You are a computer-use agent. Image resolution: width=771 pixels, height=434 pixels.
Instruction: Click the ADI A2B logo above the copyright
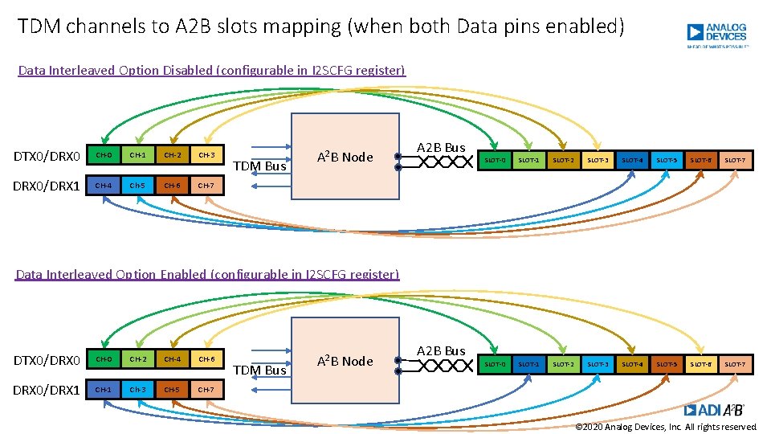coord(715,410)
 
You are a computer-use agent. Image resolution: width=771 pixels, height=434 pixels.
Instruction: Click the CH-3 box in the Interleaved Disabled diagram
coord(206,154)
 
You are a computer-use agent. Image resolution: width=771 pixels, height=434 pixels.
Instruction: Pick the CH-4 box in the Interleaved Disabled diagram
coord(104,186)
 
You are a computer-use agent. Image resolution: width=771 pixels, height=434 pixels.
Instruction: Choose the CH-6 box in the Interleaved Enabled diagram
coord(206,359)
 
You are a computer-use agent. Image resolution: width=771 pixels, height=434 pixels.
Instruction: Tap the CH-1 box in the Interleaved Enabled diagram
coord(104,390)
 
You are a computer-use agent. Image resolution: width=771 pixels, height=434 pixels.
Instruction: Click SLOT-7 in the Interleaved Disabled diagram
coord(735,161)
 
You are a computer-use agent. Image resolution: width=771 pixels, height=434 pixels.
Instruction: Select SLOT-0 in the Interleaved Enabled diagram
coord(496,365)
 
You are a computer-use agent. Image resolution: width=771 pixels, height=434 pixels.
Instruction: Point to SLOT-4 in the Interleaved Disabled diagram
coord(632,161)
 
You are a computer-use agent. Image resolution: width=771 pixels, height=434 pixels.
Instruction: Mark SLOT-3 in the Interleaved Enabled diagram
coord(598,365)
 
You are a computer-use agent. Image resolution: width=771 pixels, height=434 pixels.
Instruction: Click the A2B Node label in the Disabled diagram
coord(345,157)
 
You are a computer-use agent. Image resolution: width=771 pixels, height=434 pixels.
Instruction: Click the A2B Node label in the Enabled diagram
coord(345,361)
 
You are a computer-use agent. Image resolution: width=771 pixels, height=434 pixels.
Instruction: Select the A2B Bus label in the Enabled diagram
coord(440,351)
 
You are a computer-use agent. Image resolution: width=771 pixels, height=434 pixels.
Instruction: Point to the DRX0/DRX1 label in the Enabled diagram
coord(47,390)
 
